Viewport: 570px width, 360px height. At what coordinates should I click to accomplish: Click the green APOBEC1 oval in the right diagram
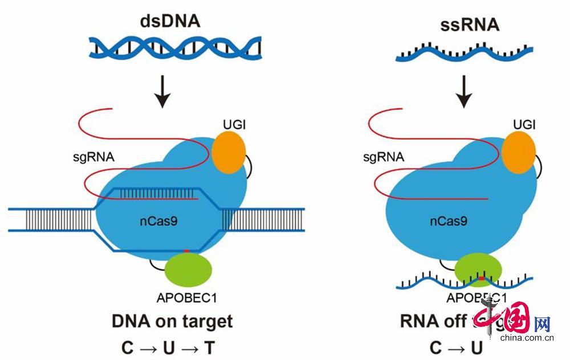478,268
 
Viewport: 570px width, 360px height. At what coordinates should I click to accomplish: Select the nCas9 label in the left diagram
157,219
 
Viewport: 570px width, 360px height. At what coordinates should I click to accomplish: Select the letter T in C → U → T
210,347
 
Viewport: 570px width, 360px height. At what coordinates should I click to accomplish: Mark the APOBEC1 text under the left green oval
185,297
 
